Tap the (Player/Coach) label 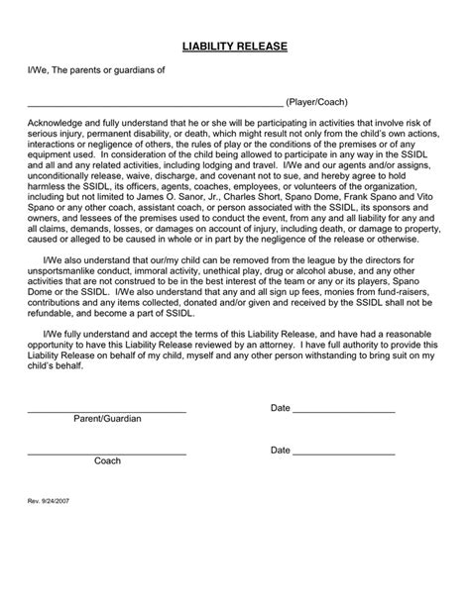(x=316, y=102)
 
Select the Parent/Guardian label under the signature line (x=107, y=419)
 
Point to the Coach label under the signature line (x=107, y=460)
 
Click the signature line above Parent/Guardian (x=106, y=409)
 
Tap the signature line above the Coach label (x=106, y=451)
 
